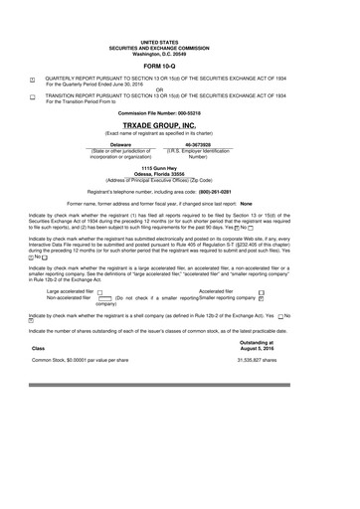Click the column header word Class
point(39,348)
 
